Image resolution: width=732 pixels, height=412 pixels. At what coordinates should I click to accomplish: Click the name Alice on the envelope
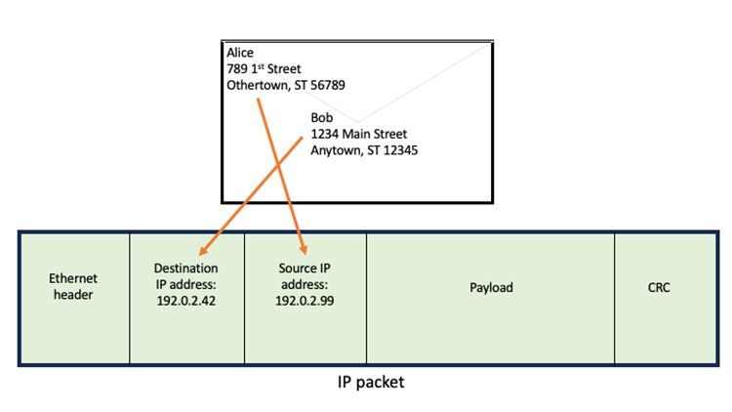240,51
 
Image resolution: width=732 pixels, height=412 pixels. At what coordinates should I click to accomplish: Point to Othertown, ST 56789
286,85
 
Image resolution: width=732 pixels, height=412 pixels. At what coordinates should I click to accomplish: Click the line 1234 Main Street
358,134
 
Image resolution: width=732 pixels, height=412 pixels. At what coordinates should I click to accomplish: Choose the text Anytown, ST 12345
364,150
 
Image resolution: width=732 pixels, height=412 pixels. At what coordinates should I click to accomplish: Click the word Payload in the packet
490,288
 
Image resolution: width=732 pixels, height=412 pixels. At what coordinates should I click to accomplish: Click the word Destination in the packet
186,268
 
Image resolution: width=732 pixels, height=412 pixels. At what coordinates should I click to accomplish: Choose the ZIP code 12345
399,150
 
